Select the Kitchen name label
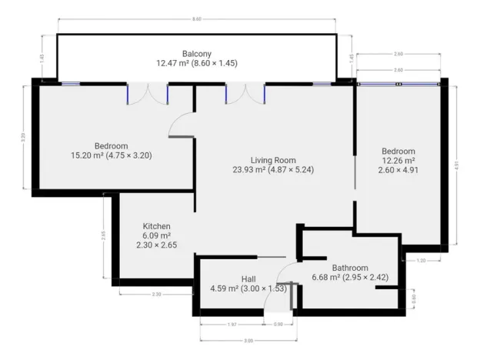pos(156,226)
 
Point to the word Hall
pos(248,278)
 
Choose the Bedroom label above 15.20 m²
pos(111,145)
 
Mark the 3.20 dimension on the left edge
pos(24,138)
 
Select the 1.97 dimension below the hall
pos(232,325)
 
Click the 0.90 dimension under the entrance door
pos(278,325)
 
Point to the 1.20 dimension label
pos(422,262)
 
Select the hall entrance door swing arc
pos(281,280)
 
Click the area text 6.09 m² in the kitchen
pos(156,235)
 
